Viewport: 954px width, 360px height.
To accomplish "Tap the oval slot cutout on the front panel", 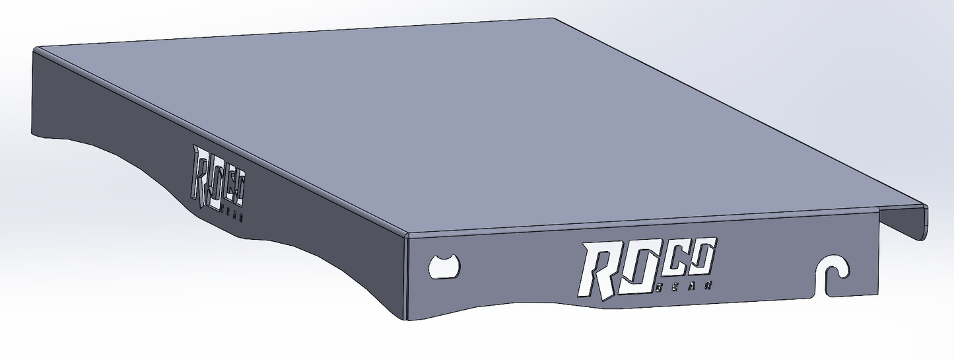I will point(444,266).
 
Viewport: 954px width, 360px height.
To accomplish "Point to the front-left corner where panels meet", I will point(407,235).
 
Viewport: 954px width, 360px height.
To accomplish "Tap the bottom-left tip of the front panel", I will point(407,320).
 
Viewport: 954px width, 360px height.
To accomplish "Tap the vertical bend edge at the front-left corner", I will point(407,277).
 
